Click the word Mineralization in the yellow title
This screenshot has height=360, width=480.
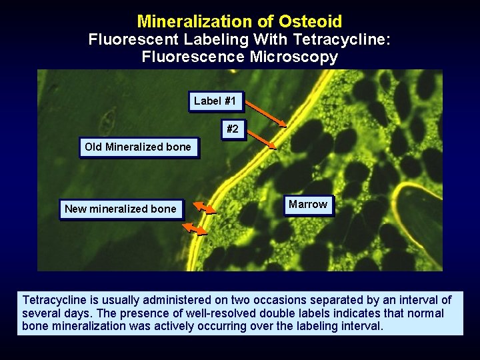(x=199, y=21)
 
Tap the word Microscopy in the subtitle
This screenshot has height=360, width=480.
(x=293, y=57)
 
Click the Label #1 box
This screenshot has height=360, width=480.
(x=215, y=101)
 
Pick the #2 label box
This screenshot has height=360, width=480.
(x=232, y=129)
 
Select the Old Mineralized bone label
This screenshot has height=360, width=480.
(x=138, y=147)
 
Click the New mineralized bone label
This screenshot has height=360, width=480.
(x=121, y=209)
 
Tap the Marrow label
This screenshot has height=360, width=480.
(x=307, y=204)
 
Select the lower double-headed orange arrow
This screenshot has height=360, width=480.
(x=195, y=229)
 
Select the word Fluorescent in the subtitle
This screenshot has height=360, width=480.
(x=127, y=39)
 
